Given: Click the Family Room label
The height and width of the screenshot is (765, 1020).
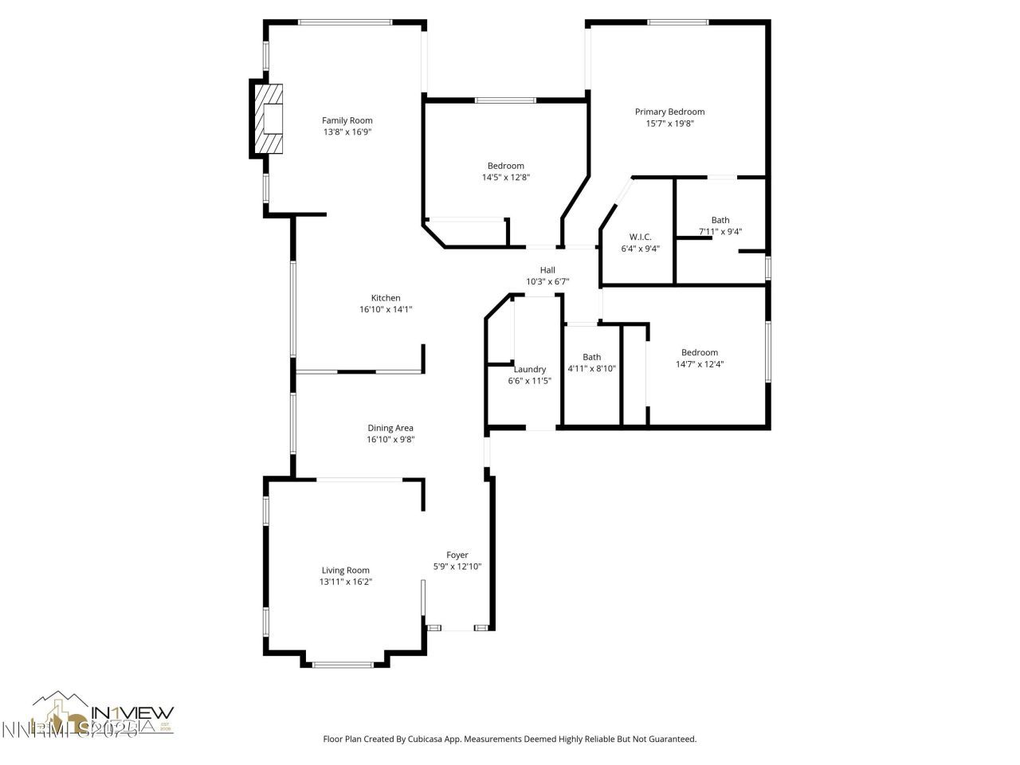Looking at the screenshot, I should (347, 121).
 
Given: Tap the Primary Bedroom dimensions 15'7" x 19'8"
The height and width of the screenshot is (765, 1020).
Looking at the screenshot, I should (669, 124).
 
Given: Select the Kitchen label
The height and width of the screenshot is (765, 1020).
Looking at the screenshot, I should (386, 298).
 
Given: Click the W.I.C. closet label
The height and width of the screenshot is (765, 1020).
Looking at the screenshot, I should (640, 237).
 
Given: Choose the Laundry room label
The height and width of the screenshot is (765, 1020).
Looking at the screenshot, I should (530, 369).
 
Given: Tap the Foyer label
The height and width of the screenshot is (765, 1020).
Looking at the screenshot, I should (457, 555).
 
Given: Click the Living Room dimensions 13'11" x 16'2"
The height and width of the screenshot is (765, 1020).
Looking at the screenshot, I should (346, 582).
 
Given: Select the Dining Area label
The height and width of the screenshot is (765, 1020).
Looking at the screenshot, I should (390, 428).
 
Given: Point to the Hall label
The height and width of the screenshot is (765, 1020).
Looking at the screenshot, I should (547, 270).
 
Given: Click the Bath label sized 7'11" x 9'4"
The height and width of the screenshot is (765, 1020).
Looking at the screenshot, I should (720, 220).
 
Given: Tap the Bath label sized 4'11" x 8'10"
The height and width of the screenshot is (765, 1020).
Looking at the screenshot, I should (591, 357).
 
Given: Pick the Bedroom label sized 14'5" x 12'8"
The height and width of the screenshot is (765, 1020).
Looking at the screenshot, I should (506, 166).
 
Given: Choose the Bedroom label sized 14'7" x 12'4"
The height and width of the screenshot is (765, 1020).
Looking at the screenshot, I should (700, 352).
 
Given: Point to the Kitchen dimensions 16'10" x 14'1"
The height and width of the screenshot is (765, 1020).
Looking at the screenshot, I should (386, 309).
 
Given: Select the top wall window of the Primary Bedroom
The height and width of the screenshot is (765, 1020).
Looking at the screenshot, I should (678, 22).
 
